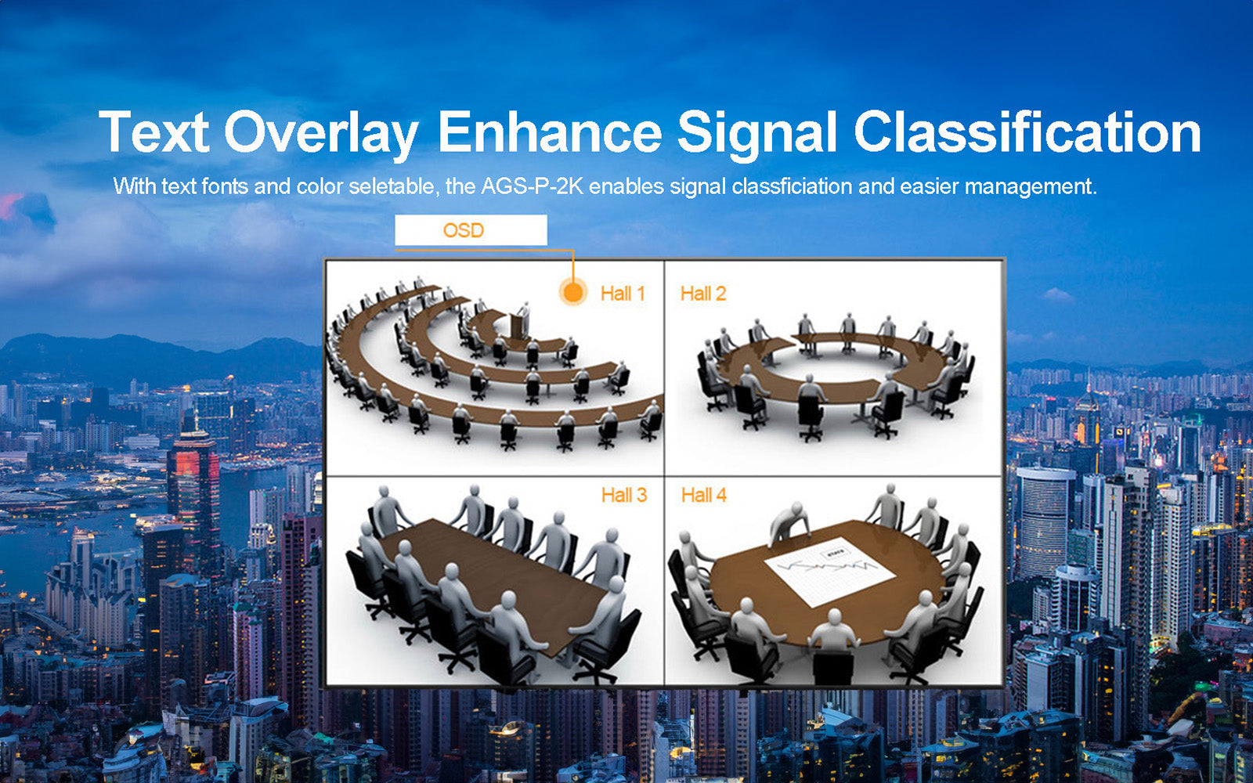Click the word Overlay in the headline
[x=321, y=133]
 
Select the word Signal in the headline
[x=757, y=133]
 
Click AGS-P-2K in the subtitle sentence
[x=532, y=186]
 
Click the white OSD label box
[x=471, y=230]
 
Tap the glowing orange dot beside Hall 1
[x=573, y=292]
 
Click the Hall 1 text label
[x=623, y=294]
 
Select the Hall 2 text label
[x=702, y=294]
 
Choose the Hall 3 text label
[x=623, y=495]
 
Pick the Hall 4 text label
[x=703, y=495]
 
